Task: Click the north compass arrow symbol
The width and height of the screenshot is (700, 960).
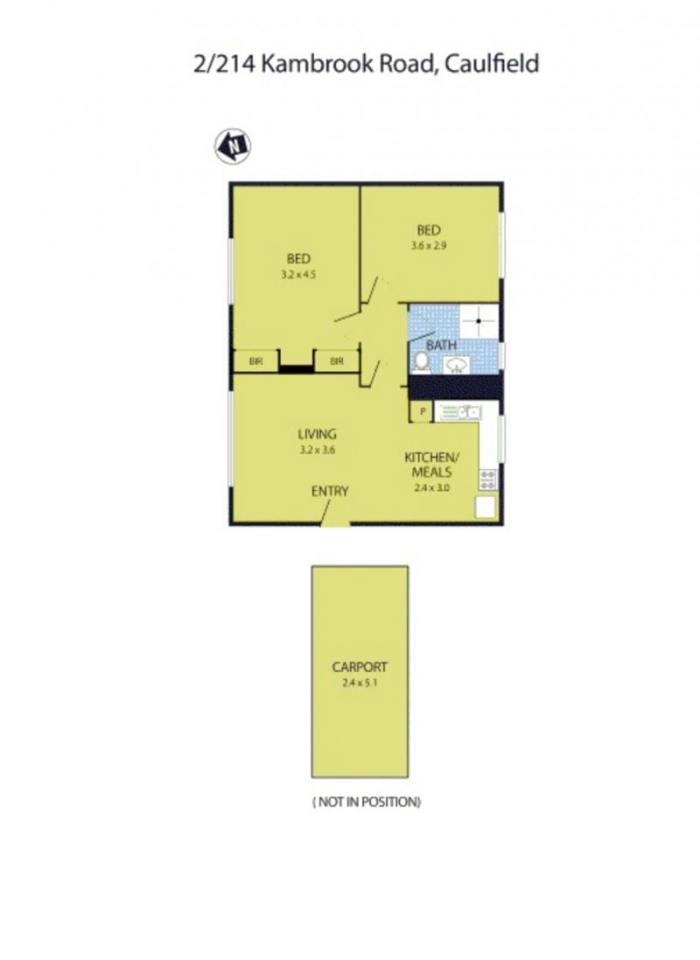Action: pyautogui.click(x=233, y=146)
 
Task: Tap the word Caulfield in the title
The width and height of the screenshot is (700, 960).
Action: pyautogui.click(x=492, y=64)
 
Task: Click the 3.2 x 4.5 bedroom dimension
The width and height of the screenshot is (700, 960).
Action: pyautogui.click(x=298, y=275)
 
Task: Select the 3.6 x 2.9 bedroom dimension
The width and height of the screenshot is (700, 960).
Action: pyautogui.click(x=429, y=246)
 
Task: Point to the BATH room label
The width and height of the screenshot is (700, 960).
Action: pyautogui.click(x=441, y=346)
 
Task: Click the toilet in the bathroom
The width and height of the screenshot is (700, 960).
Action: pyautogui.click(x=421, y=362)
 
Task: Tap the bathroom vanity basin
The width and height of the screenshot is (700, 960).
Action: pyautogui.click(x=456, y=366)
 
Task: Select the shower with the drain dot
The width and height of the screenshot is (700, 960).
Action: pyautogui.click(x=479, y=321)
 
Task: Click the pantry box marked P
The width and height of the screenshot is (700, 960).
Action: pyautogui.click(x=422, y=412)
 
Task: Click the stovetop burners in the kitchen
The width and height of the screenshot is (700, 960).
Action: pyautogui.click(x=488, y=480)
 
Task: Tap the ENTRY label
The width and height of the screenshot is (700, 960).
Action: pyautogui.click(x=330, y=491)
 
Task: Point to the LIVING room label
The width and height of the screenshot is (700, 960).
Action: pyautogui.click(x=318, y=434)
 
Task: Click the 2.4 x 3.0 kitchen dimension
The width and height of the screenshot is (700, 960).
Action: pyautogui.click(x=431, y=488)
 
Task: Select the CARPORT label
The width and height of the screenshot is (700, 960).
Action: pyautogui.click(x=360, y=668)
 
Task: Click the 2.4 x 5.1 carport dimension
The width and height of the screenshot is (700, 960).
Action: pyautogui.click(x=360, y=683)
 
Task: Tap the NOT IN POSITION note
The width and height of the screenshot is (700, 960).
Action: pyautogui.click(x=367, y=802)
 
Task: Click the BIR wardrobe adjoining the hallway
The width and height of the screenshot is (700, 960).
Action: pyautogui.click(x=337, y=361)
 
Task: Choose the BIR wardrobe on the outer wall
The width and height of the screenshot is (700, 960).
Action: pyautogui.click(x=256, y=361)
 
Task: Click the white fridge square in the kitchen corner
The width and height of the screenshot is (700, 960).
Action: pyautogui.click(x=486, y=508)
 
